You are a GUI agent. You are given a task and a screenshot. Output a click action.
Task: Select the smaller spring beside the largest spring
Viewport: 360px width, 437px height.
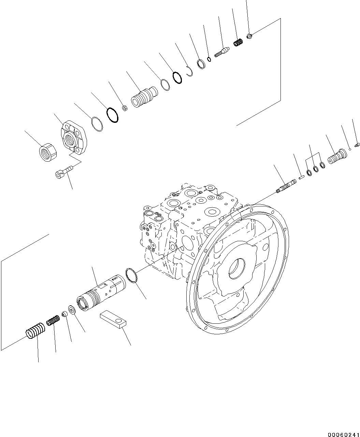53,321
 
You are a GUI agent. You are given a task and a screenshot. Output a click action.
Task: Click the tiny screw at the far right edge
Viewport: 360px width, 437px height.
357,145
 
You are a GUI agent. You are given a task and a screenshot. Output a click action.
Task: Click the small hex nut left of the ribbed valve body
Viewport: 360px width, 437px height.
125,108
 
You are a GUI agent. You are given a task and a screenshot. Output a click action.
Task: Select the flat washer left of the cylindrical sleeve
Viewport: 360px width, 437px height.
72,310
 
